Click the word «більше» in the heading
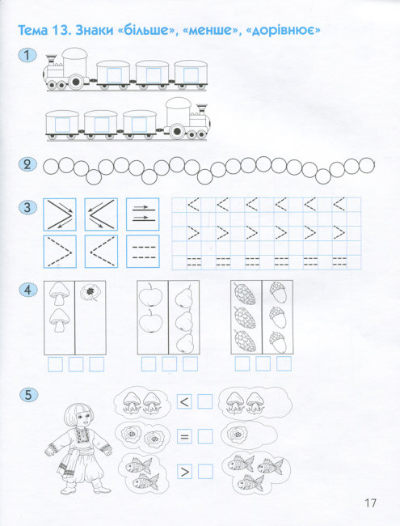(149, 30)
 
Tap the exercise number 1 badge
(27, 55)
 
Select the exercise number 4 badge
(27, 290)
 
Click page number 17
(371, 503)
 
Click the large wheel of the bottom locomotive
(177, 131)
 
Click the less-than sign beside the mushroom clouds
(184, 401)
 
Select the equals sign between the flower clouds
(184, 436)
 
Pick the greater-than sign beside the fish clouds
(184, 472)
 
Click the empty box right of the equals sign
(205, 436)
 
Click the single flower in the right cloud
(238, 434)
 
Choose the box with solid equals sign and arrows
(143, 214)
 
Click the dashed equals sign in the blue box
(144, 252)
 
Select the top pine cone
(245, 294)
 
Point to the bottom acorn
(278, 341)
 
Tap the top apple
(150, 295)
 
